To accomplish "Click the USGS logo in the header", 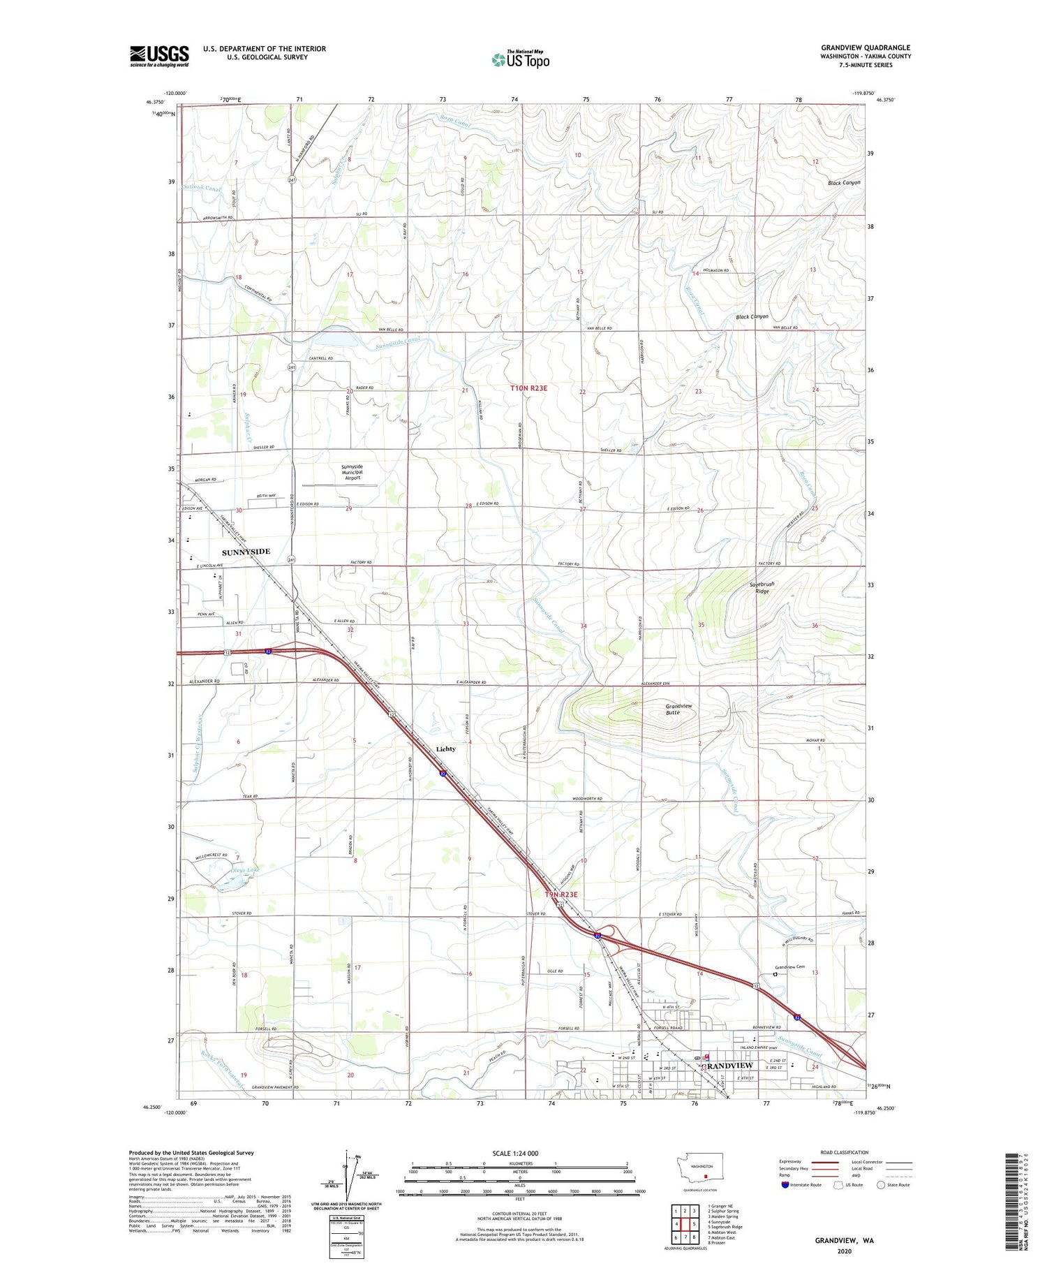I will pyautogui.click(x=159, y=56).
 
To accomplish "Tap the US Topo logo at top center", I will pyautogui.click(x=521, y=59).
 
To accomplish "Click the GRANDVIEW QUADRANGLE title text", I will pyautogui.click(x=865, y=47).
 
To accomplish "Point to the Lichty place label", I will pyautogui.click(x=445, y=749).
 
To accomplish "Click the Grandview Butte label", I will pyautogui.click(x=678, y=709).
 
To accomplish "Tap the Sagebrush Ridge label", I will pyautogui.click(x=762, y=587).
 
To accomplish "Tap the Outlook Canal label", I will pyautogui.click(x=201, y=189).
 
